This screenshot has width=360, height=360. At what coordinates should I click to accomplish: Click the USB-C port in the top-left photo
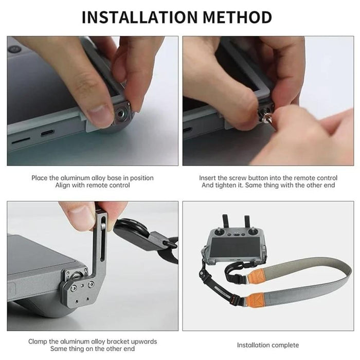(x=47, y=133)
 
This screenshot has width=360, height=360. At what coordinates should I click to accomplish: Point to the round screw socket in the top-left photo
(x=122, y=112)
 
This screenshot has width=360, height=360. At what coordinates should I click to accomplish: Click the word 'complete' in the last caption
(x=284, y=345)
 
